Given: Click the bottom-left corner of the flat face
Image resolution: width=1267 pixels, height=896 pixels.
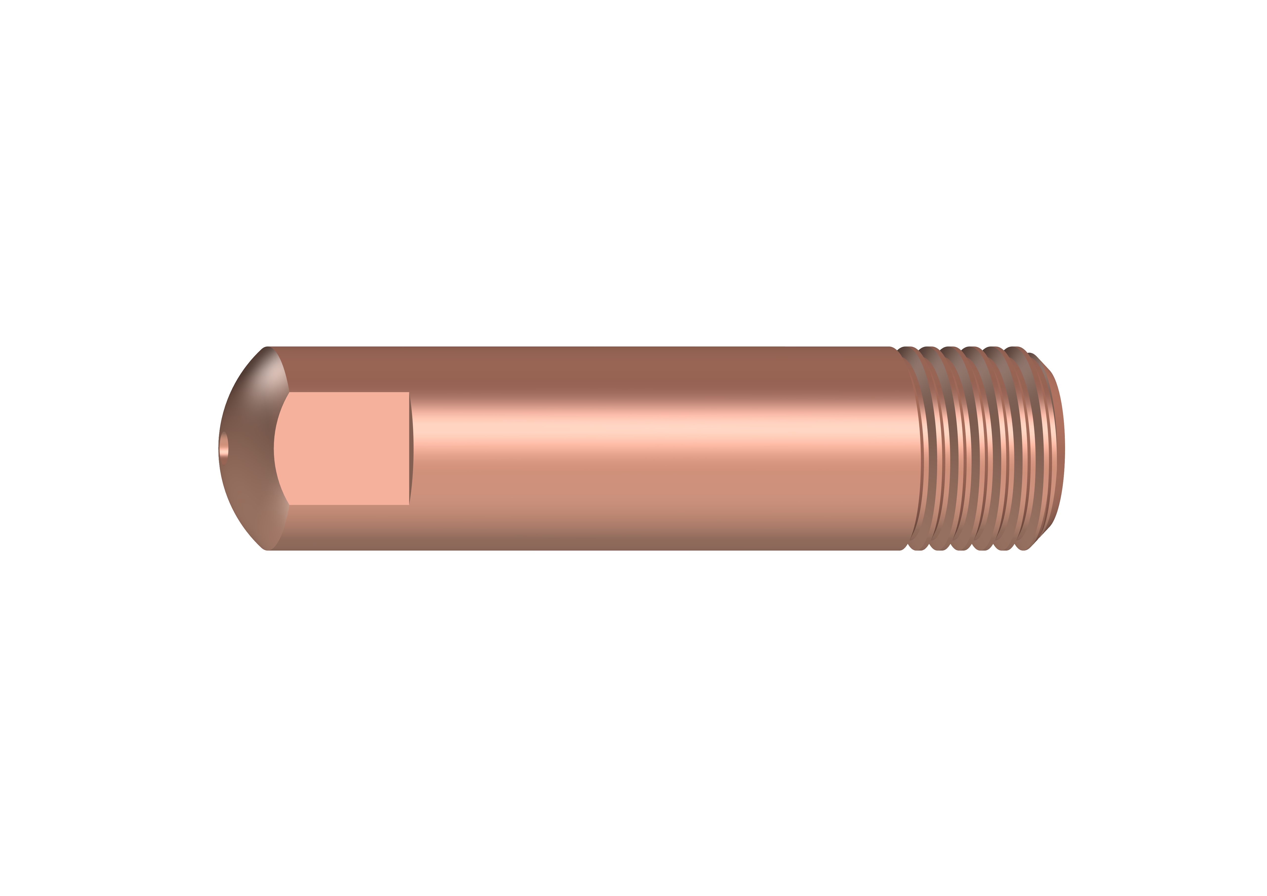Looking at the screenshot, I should tap(289, 504).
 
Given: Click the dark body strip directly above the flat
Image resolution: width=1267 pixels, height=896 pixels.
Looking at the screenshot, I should tap(348, 370).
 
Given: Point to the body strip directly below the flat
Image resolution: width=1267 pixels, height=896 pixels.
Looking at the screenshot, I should tap(348, 527).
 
